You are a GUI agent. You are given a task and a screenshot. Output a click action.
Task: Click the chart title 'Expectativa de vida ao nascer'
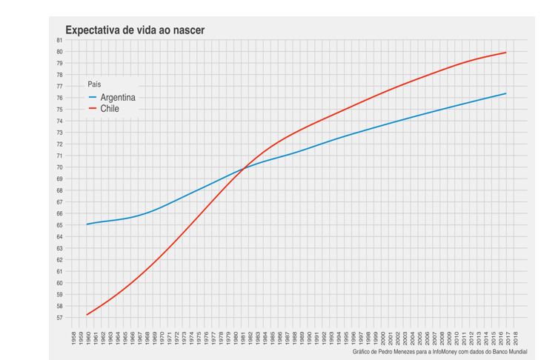(x=135, y=30)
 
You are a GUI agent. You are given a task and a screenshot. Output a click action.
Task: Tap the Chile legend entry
(x=110, y=109)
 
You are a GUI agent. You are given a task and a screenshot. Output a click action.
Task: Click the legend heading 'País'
(x=94, y=84)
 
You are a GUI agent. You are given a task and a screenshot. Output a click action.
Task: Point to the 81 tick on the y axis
(x=59, y=40)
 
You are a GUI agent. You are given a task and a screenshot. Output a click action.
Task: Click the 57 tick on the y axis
(x=59, y=318)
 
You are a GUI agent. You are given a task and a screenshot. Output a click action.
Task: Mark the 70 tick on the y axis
(x=59, y=167)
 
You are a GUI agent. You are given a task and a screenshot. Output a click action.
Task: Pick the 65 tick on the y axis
(x=59, y=225)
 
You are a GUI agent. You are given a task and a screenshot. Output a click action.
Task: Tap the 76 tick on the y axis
(x=59, y=98)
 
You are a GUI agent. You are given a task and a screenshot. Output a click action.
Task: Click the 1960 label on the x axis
(x=87, y=338)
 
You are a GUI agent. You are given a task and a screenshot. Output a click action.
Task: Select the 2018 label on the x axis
(x=516, y=338)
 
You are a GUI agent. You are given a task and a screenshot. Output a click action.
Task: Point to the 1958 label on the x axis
(x=72, y=338)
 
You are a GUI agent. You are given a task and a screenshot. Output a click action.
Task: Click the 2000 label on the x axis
(x=382, y=338)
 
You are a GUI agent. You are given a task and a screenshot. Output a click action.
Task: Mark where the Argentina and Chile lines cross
(x=246, y=167)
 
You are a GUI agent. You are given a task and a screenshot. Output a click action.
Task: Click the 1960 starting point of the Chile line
(x=87, y=315)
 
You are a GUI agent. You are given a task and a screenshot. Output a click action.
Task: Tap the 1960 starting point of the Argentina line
(x=87, y=224)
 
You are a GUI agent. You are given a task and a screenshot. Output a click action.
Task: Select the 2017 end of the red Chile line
(x=506, y=53)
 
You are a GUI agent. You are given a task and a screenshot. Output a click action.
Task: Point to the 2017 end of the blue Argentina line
(x=506, y=93)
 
